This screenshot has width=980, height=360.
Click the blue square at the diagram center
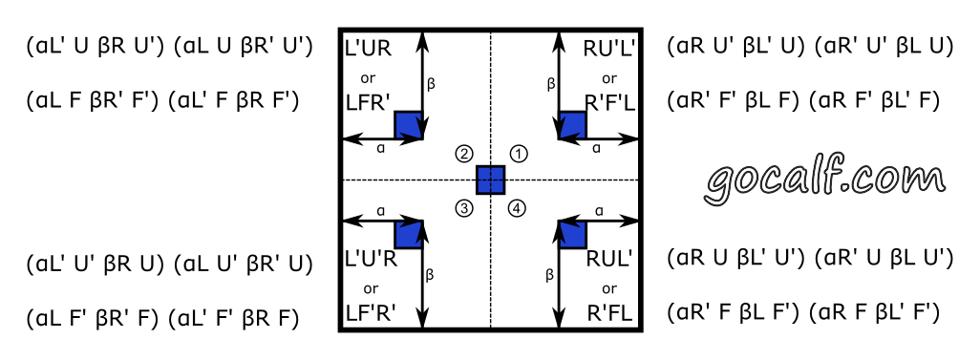coord(490,180)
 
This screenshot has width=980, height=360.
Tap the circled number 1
coord(518,154)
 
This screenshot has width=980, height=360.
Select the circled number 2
coord(464,154)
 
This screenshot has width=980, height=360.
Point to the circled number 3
coord(464,207)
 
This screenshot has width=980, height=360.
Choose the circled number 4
coord(518,207)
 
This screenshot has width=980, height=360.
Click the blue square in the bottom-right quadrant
coord(572,234)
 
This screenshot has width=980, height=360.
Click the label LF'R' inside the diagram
coord(368,311)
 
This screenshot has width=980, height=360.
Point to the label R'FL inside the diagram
coord(609,311)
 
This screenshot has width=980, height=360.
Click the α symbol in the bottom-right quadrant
coord(598,210)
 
